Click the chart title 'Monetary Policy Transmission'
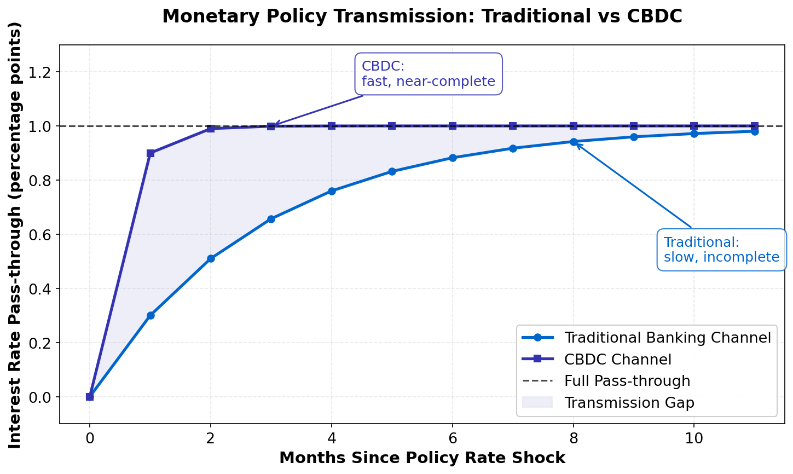click(422, 16)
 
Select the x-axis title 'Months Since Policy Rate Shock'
click(422, 458)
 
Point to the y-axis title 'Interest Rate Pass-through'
click(15, 235)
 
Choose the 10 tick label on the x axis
click(694, 438)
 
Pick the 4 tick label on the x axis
click(332, 438)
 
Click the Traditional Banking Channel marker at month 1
click(151, 315)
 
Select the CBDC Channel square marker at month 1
click(151, 153)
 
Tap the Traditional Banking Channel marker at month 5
click(392, 171)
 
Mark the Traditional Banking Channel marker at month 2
click(211, 258)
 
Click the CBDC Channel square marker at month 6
click(453, 126)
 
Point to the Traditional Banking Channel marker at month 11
click(755, 131)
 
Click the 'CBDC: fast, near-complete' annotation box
click(429, 74)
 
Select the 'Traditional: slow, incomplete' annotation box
click(721, 250)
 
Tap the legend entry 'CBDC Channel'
click(617, 360)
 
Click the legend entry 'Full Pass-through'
click(627, 381)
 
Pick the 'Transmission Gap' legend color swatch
click(537, 403)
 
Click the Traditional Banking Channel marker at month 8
click(574, 142)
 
